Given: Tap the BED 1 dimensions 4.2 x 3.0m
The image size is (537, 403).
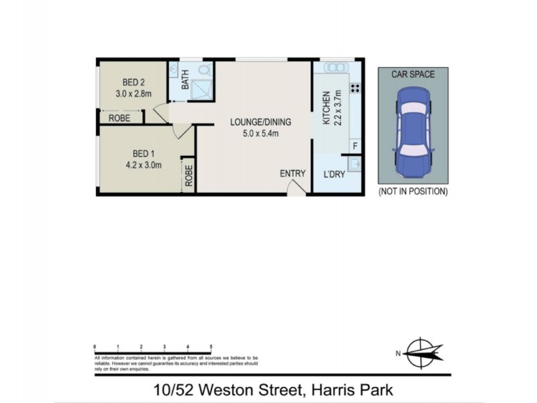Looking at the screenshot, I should coord(143,165).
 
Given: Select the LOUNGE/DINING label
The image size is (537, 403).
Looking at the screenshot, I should coord(260,122).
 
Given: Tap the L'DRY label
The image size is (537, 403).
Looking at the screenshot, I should coord(334,174).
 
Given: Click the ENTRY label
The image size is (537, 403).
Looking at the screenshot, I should coord(293,174).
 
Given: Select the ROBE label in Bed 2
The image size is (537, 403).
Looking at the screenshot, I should coord(119,118).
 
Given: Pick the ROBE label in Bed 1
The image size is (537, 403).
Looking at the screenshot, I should coord(189,175).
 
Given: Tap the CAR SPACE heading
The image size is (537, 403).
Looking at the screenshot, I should coord(413,74).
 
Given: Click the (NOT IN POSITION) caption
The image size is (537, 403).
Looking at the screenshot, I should coord(413,191).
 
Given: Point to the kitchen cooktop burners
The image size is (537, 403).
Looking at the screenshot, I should coord(354,88).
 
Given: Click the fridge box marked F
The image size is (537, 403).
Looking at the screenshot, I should coord(355,146).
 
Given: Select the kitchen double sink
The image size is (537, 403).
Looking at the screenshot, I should coord(334,67).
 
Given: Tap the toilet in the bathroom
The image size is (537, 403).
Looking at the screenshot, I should coord(204,70).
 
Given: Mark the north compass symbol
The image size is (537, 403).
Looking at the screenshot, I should coord(422,352).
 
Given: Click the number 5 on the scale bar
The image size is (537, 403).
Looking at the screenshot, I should coord(211,347).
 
